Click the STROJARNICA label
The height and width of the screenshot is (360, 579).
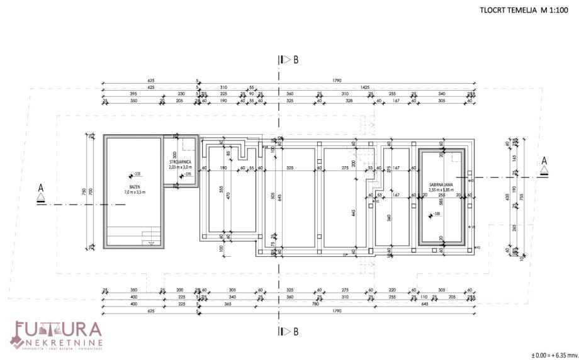(181, 162)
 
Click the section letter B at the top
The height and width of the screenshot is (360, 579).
(295, 60)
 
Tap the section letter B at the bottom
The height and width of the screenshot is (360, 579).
(295, 330)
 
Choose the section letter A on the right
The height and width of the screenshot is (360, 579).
(544, 161)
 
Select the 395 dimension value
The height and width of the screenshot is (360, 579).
(133, 94)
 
